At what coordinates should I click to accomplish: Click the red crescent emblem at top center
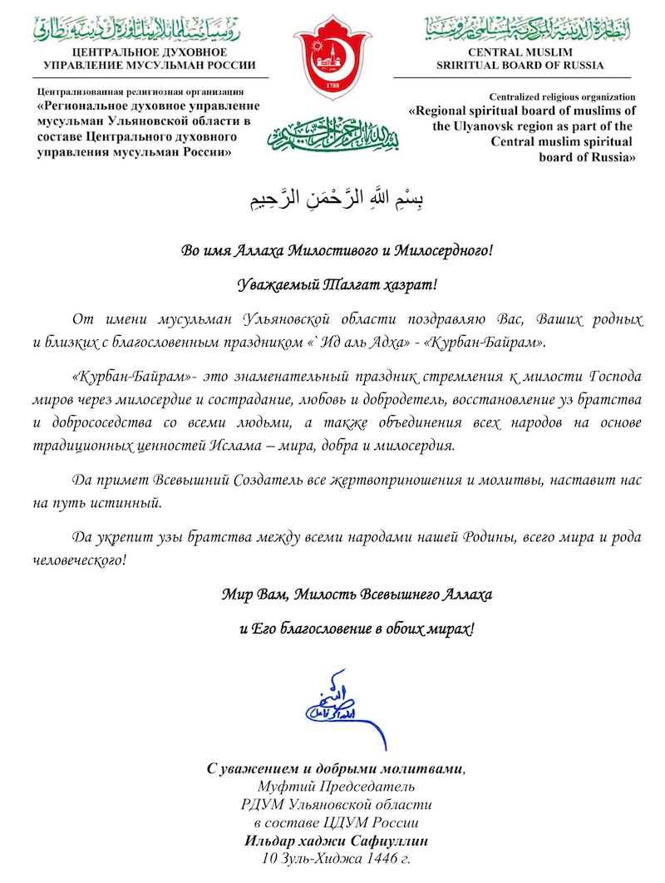pos(331,63)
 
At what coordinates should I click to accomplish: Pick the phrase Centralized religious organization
pos(562,96)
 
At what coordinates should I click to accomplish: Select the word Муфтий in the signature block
pos(281,786)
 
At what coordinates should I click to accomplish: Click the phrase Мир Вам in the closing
pos(250,594)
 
